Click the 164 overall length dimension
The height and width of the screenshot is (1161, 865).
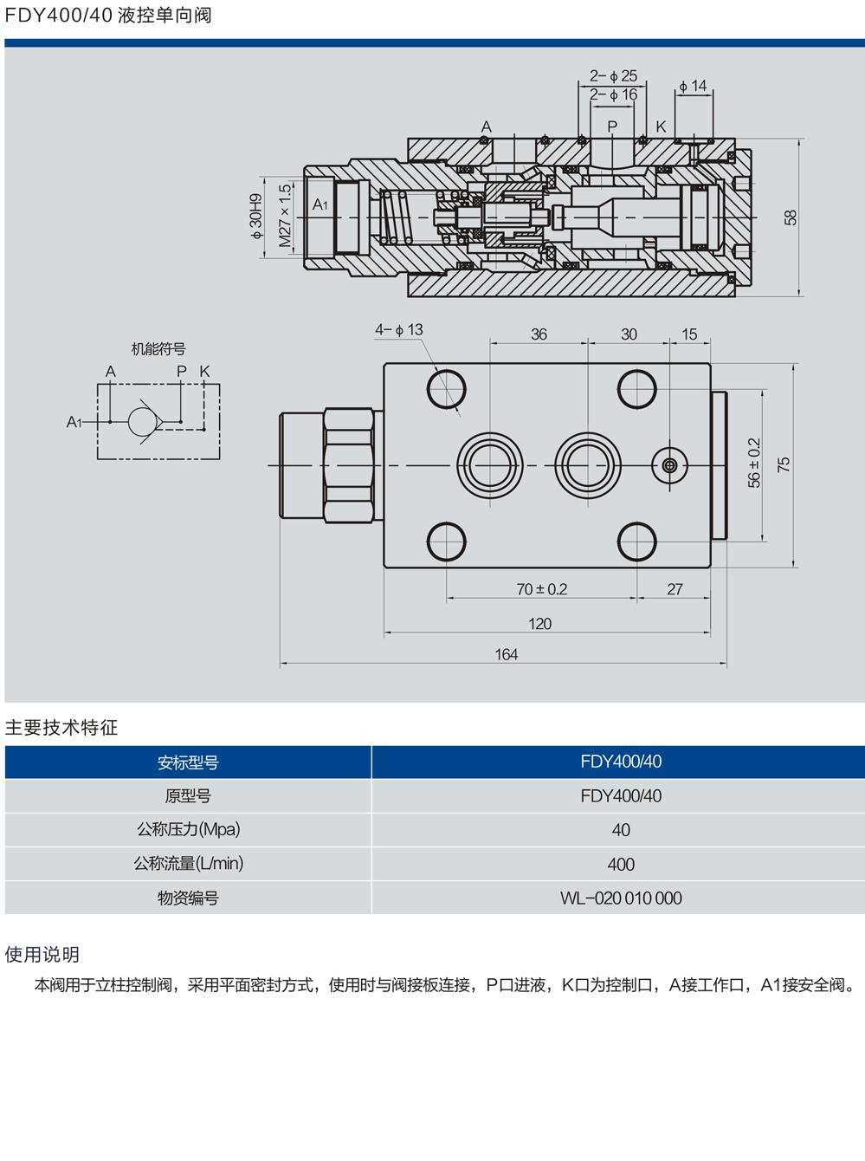point(507,655)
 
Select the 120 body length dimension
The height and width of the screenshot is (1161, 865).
point(539,624)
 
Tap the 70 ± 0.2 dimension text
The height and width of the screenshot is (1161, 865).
point(541,589)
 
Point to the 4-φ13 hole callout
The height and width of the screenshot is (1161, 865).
point(399,330)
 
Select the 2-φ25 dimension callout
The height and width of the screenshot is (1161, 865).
point(613,76)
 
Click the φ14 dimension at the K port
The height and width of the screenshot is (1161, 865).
point(693,86)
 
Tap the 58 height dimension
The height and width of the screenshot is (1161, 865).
point(791,217)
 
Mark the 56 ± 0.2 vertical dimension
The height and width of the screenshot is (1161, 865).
point(754,463)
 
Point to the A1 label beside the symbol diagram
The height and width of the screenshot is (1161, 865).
point(74,422)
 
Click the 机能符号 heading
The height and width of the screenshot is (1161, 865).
point(158,349)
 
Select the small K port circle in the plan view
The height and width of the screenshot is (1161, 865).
point(669,465)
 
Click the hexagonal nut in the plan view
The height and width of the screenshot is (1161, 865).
point(349,465)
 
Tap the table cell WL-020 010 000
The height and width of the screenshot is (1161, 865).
point(621,898)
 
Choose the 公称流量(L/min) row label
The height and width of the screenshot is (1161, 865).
point(188,864)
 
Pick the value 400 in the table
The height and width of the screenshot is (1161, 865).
point(621,865)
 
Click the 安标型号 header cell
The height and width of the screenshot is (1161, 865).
point(188,762)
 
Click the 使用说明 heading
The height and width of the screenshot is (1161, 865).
point(42,955)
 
